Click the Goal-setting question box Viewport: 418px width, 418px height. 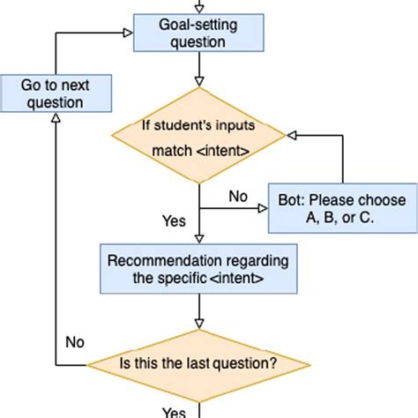pyautogui.click(x=198, y=32)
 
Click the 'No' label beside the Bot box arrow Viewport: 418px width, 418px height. pyautogui.click(x=237, y=197)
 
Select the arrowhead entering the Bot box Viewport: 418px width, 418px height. pyautogui.click(x=262, y=209)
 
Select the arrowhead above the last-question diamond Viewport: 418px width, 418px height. pyautogui.click(x=198, y=325)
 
